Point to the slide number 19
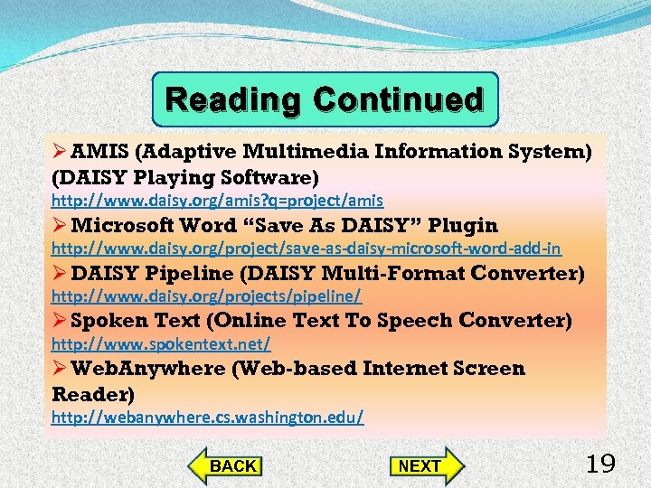600,465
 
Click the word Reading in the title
235,99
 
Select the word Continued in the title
399,99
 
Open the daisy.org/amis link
217,200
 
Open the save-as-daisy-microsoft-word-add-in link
306,248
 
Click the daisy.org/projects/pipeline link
206,296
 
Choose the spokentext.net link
161,344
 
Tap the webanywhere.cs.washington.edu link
208,417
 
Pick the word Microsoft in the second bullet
122,225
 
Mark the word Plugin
463,225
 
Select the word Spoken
108,321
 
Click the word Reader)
93,394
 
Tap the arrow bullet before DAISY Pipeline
60,273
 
